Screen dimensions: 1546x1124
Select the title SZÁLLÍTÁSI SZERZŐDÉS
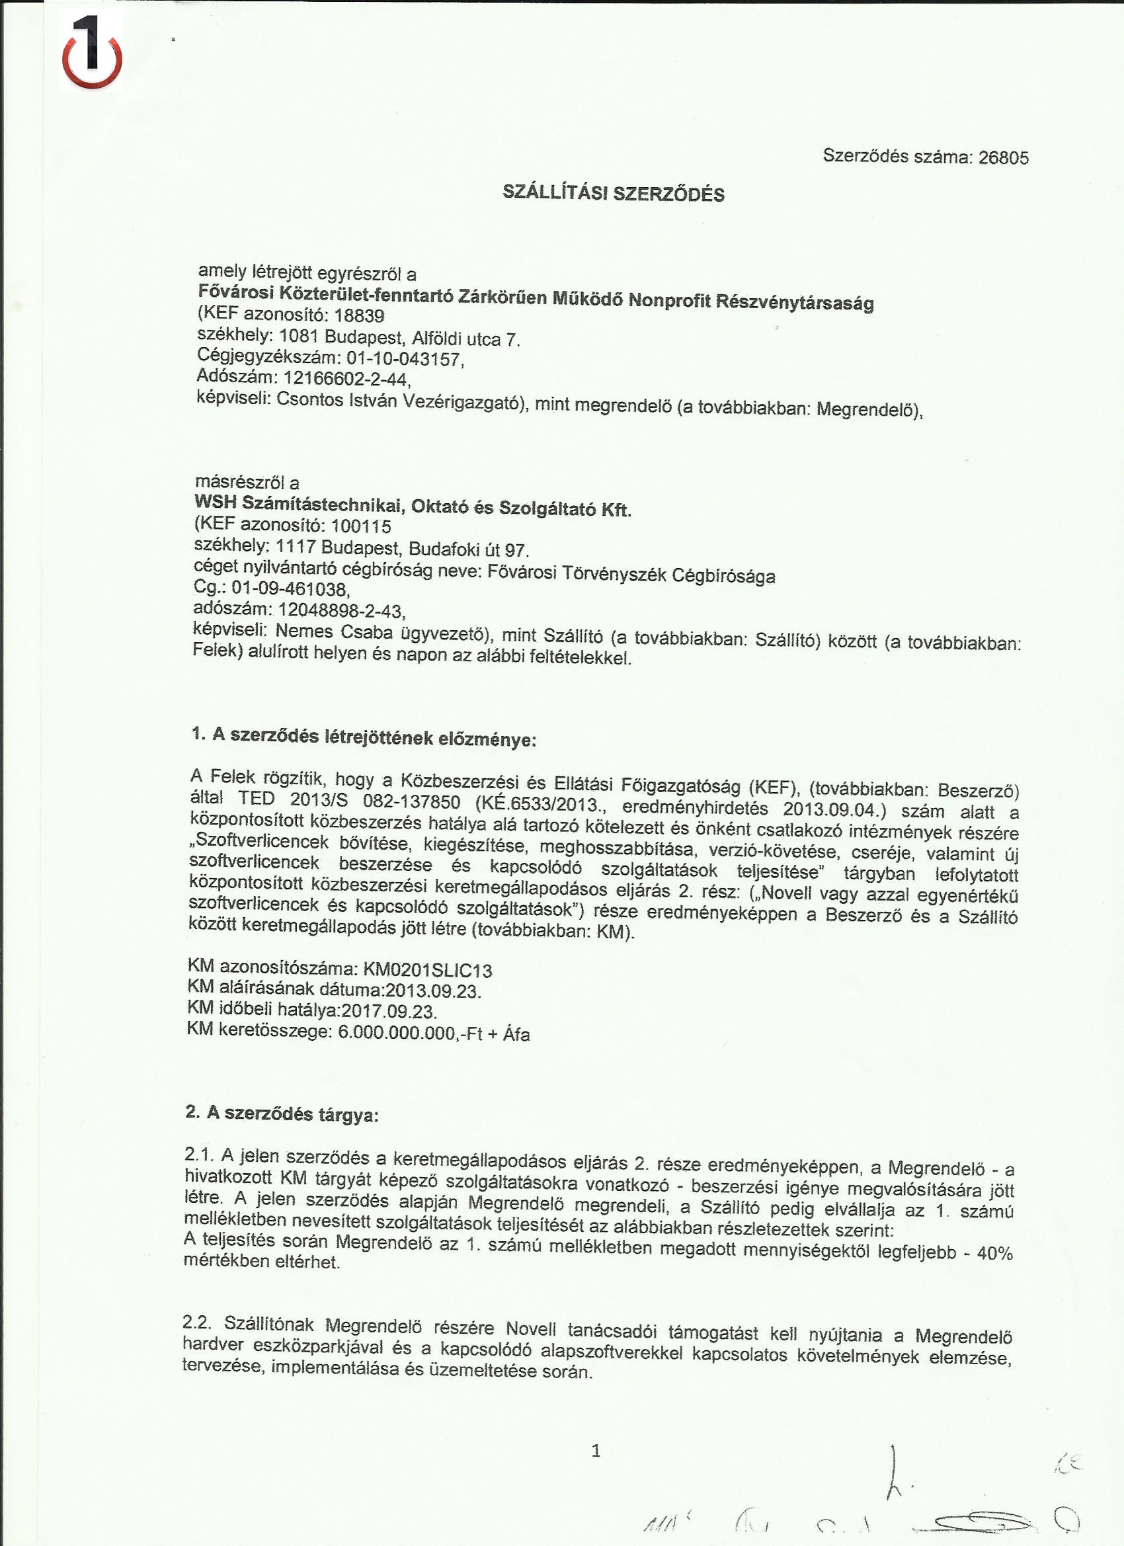614,194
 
